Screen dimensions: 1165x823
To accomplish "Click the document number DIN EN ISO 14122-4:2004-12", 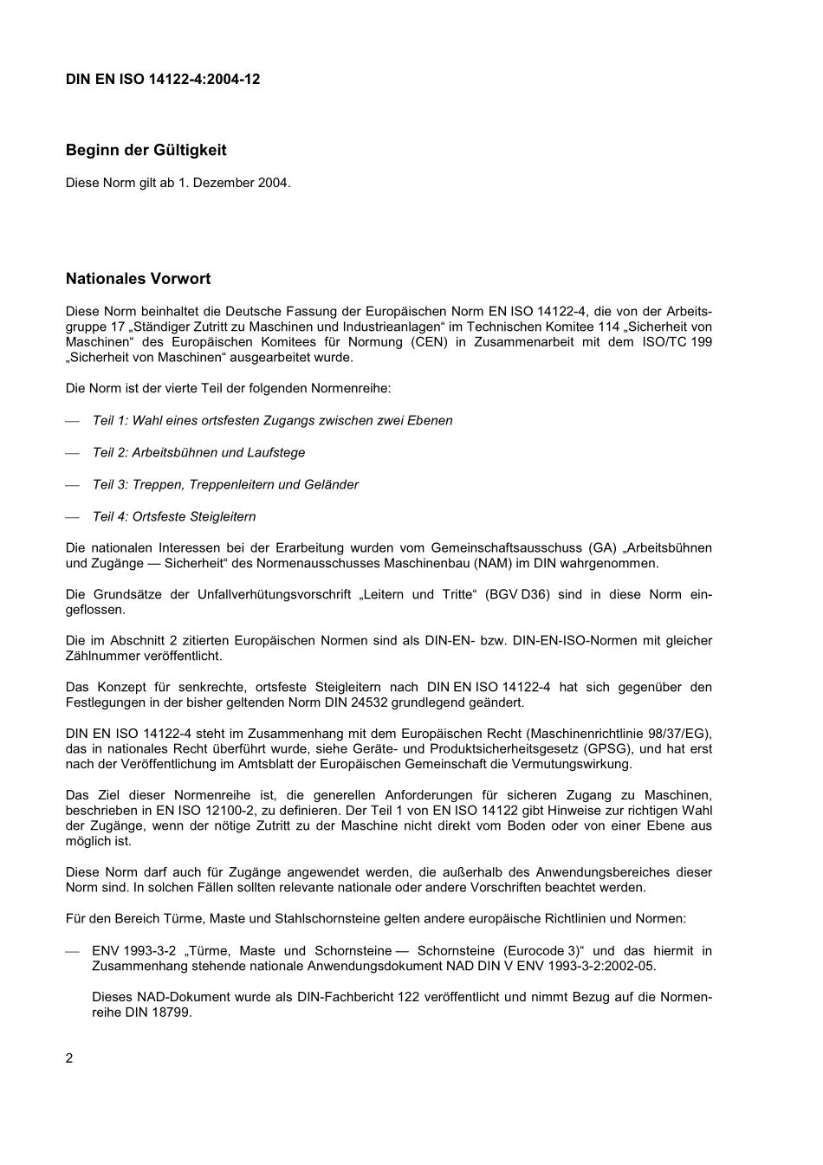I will click(163, 80).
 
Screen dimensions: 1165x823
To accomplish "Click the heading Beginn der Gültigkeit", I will click(146, 150).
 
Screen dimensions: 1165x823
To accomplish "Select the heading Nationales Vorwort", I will click(138, 279).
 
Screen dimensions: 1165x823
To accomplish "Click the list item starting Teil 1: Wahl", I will click(272, 421).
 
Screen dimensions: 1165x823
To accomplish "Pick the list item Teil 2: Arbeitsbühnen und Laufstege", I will click(198, 453).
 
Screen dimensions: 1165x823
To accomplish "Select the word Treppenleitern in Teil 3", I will click(231, 485).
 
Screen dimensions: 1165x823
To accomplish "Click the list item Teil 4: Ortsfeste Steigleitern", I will click(174, 517).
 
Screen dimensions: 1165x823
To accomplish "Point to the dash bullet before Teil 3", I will click(73, 485).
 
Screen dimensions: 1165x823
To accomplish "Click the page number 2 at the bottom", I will click(69, 1058).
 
